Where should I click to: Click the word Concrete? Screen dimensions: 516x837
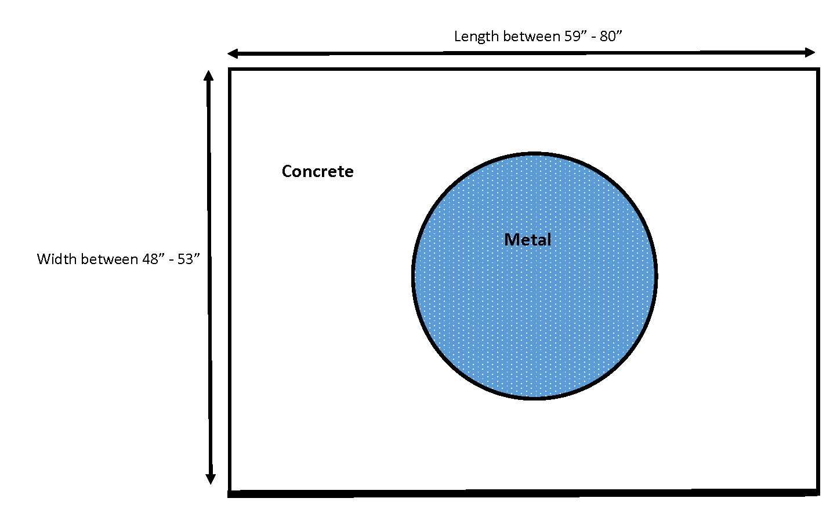pyautogui.click(x=317, y=171)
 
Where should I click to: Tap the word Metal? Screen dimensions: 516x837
pyautogui.click(x=527, y=240)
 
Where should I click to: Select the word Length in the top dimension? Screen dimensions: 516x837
pyautogui.click(x=476, y=37)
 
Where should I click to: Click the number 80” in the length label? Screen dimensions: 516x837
pyautogui.click(x=611, y=37)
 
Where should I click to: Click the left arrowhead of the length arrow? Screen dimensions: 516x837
pyautogui.click(x=233, y=54)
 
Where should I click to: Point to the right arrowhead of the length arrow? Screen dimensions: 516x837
pyautogui.click(x=810, y=52)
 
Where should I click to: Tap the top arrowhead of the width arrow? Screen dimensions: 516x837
pyautogui.click(x=209, y=75)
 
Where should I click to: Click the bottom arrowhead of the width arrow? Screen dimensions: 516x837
pyautogui.click(x=211, y=479)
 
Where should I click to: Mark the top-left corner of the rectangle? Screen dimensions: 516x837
pyautogui.click(x=230, y=70)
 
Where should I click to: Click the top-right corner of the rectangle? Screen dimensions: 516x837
pyautogui.click(x=818, y=70)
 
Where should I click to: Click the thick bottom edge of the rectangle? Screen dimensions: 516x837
pyautogui.click(x=522, y=493)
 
